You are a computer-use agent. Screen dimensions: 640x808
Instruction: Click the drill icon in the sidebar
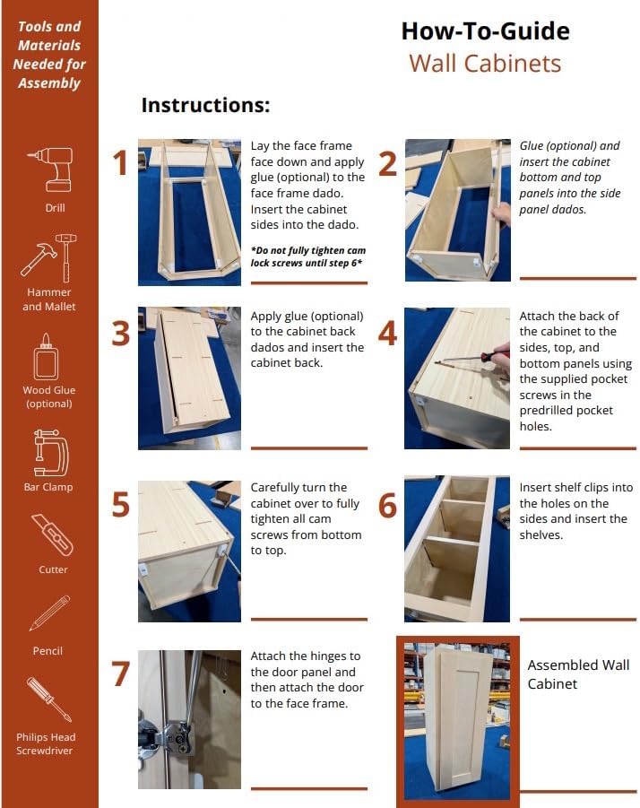coord(51,169)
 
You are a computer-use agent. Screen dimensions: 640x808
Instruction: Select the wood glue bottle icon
coord(46,357)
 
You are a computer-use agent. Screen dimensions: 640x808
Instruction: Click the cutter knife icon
coord(52,534)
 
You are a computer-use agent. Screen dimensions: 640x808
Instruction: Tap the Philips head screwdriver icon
coord(49,699)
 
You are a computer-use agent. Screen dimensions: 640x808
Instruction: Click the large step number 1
coord(120,163)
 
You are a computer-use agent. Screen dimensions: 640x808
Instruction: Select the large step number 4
coord(387,333)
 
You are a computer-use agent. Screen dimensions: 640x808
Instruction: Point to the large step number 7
coord(121,673)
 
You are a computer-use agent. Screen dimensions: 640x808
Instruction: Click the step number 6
coord(387,505)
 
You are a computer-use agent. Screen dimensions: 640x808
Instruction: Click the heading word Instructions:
coord(205,105)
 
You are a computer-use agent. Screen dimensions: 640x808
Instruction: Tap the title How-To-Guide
coord(485,30)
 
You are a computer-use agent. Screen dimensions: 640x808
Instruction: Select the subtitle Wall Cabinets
coord(485,64)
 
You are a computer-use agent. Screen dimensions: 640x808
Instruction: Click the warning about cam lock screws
coord(308,256)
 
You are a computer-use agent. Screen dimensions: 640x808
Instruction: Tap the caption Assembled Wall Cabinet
coord(578,674)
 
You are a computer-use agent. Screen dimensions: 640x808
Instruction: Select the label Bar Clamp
coord(48,487)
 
